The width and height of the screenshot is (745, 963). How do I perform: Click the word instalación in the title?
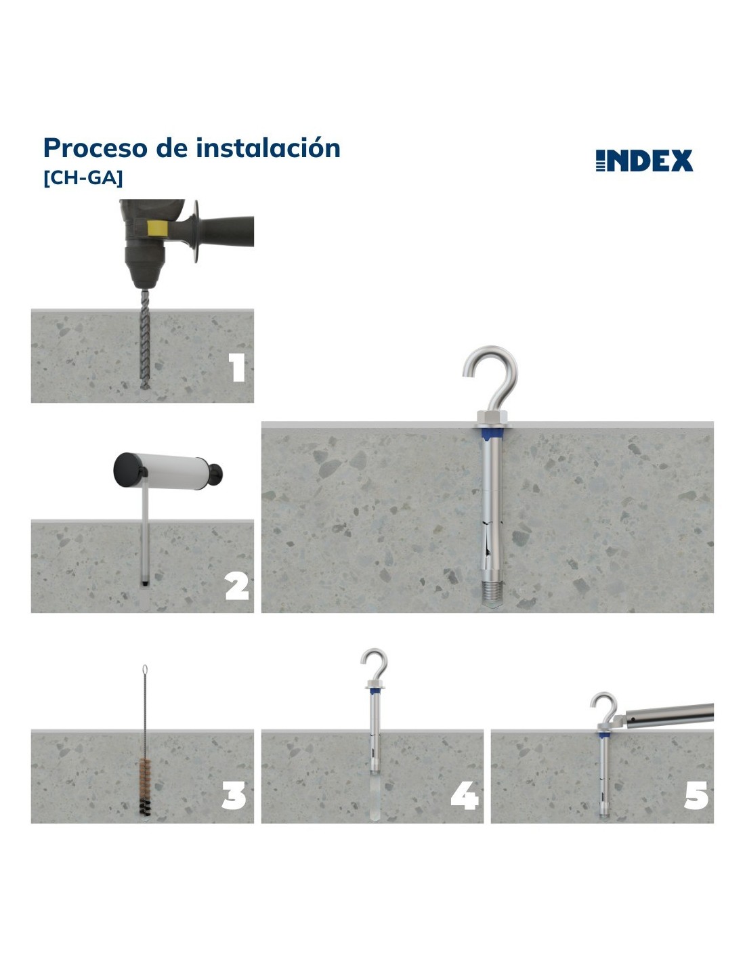click(x=268, y=148)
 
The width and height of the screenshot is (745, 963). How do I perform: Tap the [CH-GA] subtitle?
click(x=83, y=178)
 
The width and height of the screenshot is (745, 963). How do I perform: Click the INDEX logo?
click(x=644, y=160)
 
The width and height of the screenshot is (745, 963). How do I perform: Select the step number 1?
click(x=237, y=368)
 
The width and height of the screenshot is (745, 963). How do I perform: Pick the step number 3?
click(x=234, y=796)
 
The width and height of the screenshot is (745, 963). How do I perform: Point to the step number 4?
click(x=465, y=796)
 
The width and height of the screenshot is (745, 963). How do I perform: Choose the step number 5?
click(x=696, y=796)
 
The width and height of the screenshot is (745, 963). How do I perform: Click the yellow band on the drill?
click(x=158, y=229)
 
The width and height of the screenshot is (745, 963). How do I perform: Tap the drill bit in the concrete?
click(x=145, y=339)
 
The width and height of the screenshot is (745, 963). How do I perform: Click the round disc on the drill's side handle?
click(x=196, y=231)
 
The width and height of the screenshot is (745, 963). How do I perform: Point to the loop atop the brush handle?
click(x=145, y=671)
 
